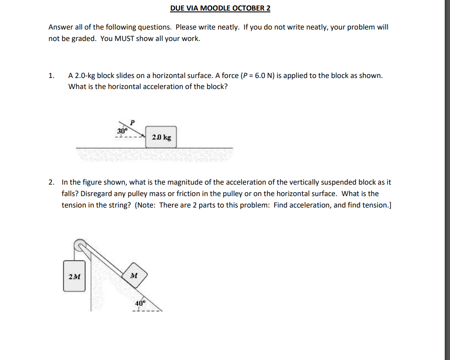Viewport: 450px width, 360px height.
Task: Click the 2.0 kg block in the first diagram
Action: click(x=161, y=137)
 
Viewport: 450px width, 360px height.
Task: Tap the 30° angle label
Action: click(x=122, y=131)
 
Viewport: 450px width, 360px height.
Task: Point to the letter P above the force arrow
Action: click(x=132, y=122)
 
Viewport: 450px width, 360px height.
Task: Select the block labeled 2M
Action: click(x=74, y=276)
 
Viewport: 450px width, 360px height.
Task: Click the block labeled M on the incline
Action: click(x=134, y=276)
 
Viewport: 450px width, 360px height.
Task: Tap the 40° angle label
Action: click(x=140, y=303)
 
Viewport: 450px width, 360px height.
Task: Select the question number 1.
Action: click(x=52, y=75)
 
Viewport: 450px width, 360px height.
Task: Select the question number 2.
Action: click(x=52, y=182)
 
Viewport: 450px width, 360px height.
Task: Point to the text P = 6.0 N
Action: click(x=261, y=75)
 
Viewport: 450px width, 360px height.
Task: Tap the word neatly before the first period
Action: click(x=229, y=27)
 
